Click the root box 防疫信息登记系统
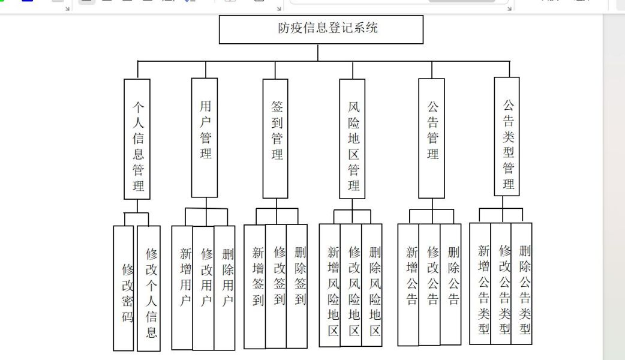point(321,29)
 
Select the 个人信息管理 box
point(137,139)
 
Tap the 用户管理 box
point(205,137)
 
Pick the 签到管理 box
point(275,139)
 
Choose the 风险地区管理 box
point(352,139)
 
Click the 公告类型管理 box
point(507,136)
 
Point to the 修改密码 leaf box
point(124,288)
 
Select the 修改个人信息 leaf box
point(149,289)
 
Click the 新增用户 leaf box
point(182,288)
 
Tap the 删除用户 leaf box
point(224,288)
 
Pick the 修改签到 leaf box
point(276,286)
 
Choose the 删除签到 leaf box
point(297,286)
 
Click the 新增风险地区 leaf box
point(330,285)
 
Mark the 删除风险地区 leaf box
point(372,285)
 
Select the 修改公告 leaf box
point(429,284)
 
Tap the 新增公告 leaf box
point(408,284)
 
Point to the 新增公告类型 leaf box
point(480,283)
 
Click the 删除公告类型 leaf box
point(522,283)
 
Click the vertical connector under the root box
point(318,52)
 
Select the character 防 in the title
point(283,28)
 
